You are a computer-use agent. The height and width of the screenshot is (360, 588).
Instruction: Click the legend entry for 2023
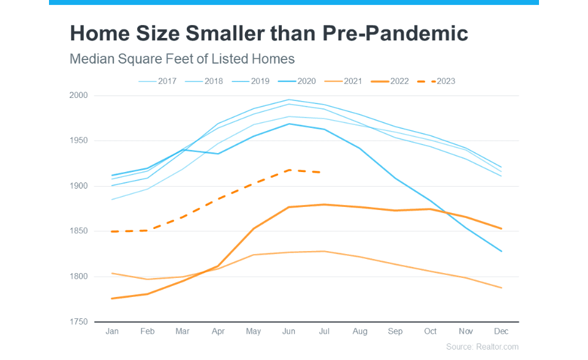pyautogui.click(x=436, y=81)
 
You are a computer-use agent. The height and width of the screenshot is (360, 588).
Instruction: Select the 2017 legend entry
pyautogui.click(x=158, y=81)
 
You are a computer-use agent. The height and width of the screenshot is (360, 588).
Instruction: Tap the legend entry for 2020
pyautogui.click(x=297, y=81)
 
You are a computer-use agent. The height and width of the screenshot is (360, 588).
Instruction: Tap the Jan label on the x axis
pyautogui.click(x=112, y=331)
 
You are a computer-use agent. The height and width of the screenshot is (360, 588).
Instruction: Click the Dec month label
pyautogui.click(x=501, y=331)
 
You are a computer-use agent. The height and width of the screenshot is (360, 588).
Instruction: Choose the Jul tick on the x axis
pyautogui.click(x=325, y=331)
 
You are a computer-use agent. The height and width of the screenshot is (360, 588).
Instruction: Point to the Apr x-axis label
pyautogui.click(x=218, y=331)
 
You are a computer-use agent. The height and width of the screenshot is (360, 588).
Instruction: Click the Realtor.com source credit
pyautogui.click(x=482, y=347)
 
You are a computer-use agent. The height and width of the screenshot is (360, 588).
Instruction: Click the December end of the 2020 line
pyautogui.click(x=502, y=252)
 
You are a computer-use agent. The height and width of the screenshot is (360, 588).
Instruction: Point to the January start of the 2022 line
pyautogui.click(x=112, y=298)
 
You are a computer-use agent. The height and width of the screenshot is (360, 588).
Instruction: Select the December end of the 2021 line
pyautogui.click(x=502, y=288)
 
